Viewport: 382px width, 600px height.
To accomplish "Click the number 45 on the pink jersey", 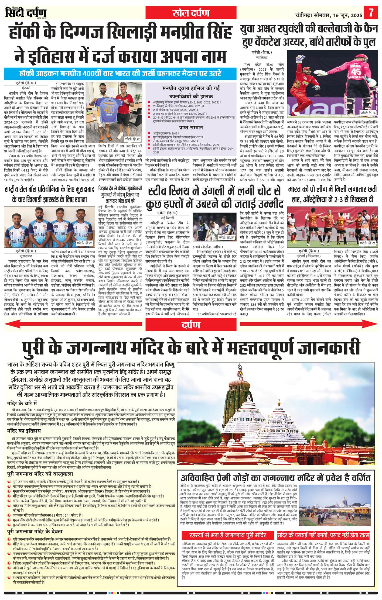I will (x=356, y=71).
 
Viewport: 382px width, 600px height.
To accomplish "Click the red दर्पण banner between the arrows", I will (x=191, y=325).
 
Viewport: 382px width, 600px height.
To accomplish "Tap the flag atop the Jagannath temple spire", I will (x=239, y=367).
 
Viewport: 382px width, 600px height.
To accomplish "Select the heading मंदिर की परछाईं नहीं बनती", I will (x=323, y=527).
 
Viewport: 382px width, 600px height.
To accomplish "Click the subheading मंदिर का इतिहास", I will (x=24, y=431).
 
